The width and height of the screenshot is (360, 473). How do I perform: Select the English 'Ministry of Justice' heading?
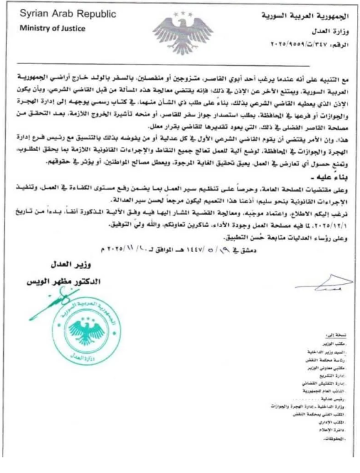pos(48,28)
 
